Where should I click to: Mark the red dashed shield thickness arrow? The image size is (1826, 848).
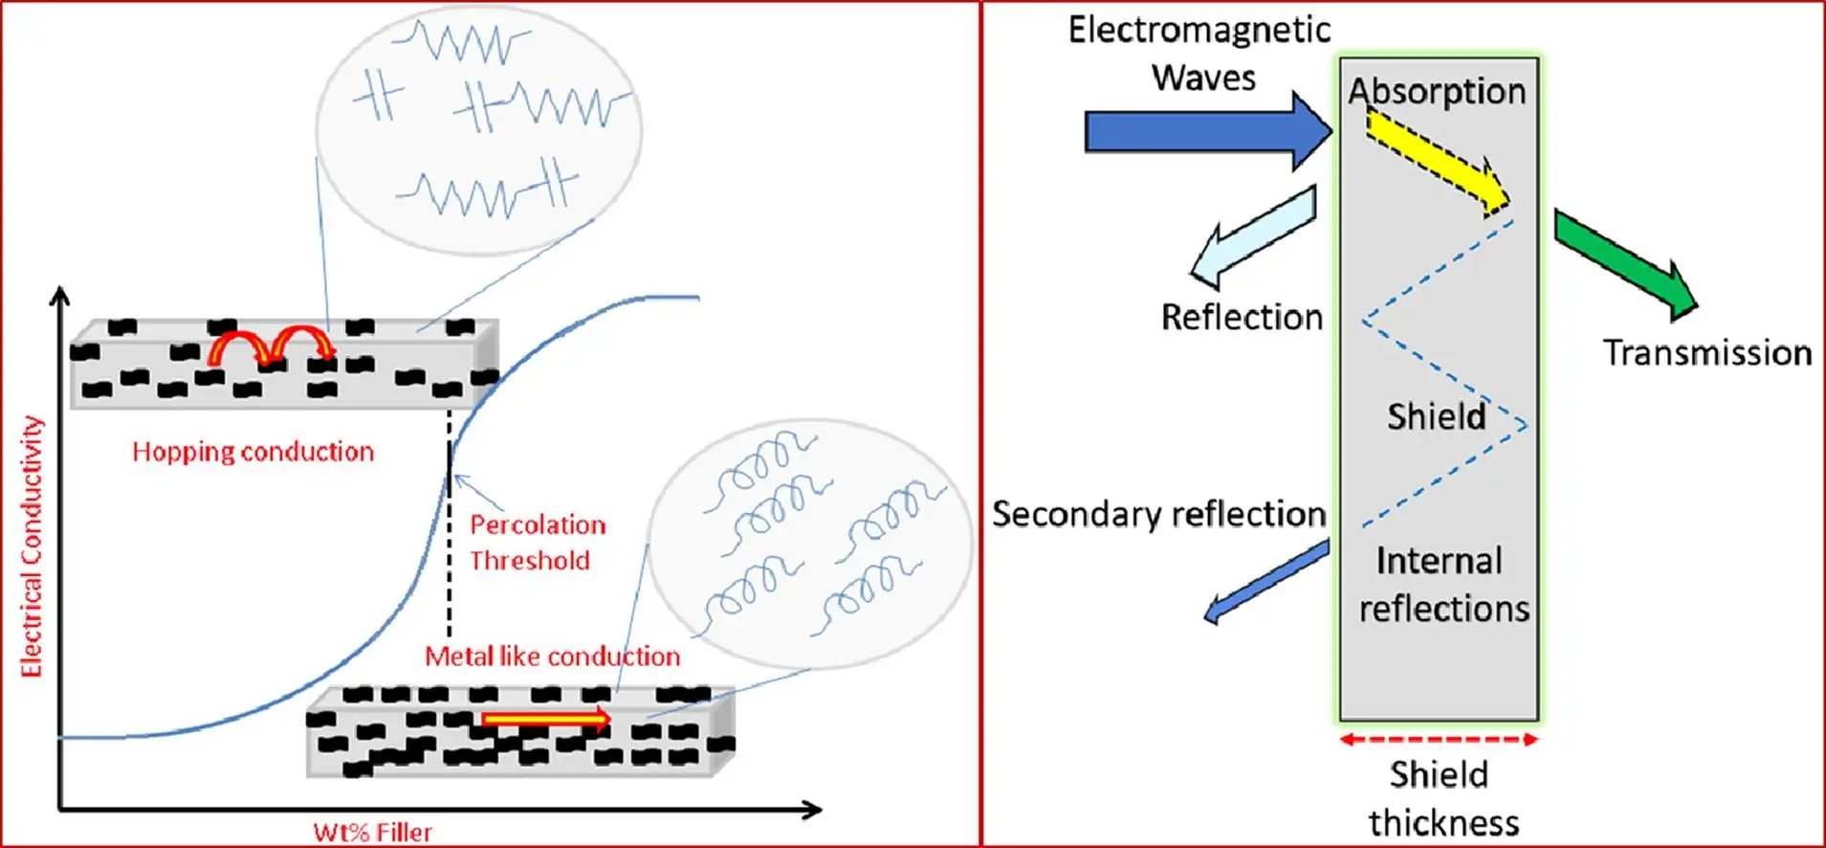tap(1439, 739)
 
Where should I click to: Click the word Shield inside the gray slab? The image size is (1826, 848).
tap(1437, 416)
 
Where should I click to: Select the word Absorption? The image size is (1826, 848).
tap(1437, 91)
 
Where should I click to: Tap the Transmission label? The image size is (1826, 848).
tap(1707, 353)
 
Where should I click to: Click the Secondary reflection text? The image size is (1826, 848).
tap(1158, 514)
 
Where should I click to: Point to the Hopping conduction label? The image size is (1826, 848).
tap(253, 452)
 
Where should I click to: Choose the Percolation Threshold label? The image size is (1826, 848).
tap(537, 543)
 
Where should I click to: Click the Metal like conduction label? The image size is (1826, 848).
tap(552, 657)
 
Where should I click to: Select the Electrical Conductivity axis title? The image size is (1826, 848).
tap(32, 547)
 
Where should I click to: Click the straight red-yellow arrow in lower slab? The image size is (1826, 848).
tap(545, 719)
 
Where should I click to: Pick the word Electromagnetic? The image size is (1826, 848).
tap(1199, 30)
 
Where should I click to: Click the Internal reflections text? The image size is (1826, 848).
tap(1443, 585)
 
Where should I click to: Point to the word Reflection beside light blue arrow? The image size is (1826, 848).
tap(1242, 317)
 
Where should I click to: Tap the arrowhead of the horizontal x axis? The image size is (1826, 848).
tap(813, 810)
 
